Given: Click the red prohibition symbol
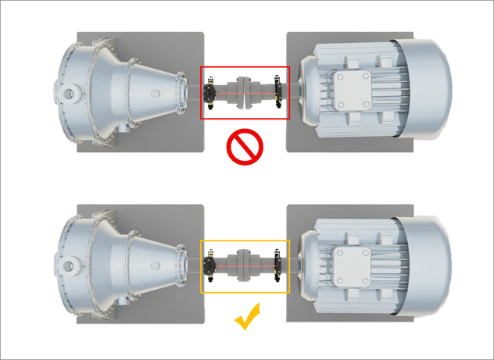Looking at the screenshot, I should (243, 148).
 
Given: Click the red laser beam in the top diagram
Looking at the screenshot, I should (227, 92).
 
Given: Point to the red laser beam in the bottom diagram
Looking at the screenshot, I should (227, 266).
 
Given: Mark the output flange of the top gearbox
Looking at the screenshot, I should (181, 91).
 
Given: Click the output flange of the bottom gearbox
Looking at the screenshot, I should (181, 265).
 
